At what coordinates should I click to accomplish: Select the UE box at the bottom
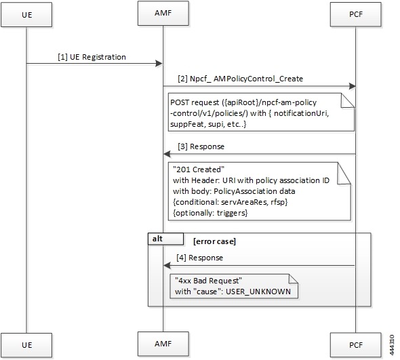click(x=26, y=344)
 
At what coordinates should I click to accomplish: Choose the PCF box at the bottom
click(x=355, y=344)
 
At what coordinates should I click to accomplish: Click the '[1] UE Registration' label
click(x=92, y=57)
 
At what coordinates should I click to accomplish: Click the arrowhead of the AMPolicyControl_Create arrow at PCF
click(x=352, y=86)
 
